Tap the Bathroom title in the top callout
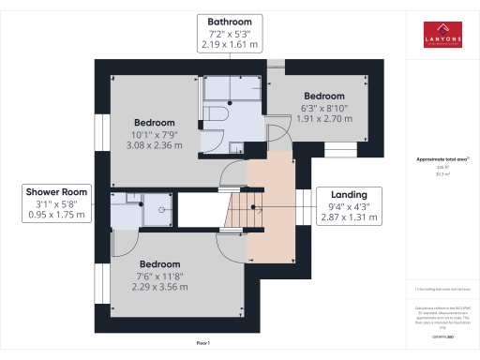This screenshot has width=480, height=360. (x=229, y=21)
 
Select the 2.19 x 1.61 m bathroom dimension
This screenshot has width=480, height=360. (x=229, y=45)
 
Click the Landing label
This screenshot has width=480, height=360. (x=350, y=194)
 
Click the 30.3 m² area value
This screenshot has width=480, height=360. (x=440, y=173)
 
